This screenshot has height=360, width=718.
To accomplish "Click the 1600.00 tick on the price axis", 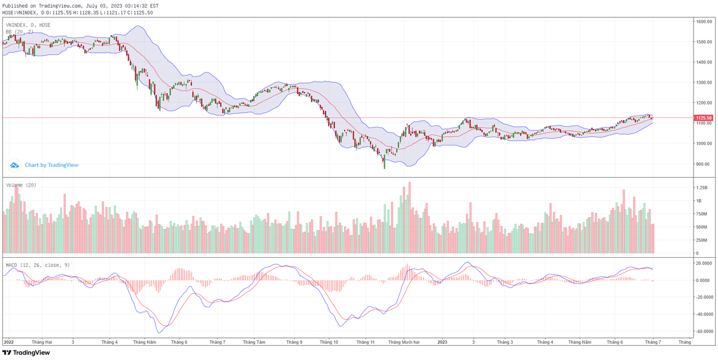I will [703, 22].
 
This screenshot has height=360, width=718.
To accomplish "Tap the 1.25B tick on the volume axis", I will [701, 187].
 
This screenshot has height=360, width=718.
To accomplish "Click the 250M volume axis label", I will [701, 240].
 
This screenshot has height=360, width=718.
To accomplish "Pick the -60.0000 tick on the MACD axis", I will [704, 331].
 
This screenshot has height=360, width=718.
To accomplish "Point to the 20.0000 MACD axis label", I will [703, 263].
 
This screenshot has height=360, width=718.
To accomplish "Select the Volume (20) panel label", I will [22, 185].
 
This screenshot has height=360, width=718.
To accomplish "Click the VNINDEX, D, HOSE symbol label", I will [28, 25].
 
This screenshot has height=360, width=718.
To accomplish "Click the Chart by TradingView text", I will [51, 165].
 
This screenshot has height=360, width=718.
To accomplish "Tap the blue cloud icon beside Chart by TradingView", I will [14, 165].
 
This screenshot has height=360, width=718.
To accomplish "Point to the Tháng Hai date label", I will [42, 342].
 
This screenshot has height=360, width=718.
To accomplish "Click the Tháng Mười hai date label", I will [403, 342].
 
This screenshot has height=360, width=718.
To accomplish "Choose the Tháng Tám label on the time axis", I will [254, 342].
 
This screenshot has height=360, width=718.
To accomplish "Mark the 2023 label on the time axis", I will [442, 342].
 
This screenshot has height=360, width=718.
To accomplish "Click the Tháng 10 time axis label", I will [329, 342].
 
